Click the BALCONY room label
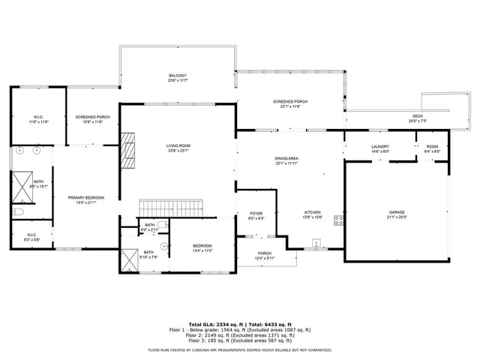(x=177, y=76)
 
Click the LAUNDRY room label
(x=380, y=147)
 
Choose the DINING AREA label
(x=287, y=158)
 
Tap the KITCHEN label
(x=312, y=212)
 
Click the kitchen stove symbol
(x=338, y=220)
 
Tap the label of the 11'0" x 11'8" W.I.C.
(x=39, y=117)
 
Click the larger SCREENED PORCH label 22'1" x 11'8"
(x=289, y=102)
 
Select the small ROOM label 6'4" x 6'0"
(x=432, y=147)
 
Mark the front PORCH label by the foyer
(x=264, y=253)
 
